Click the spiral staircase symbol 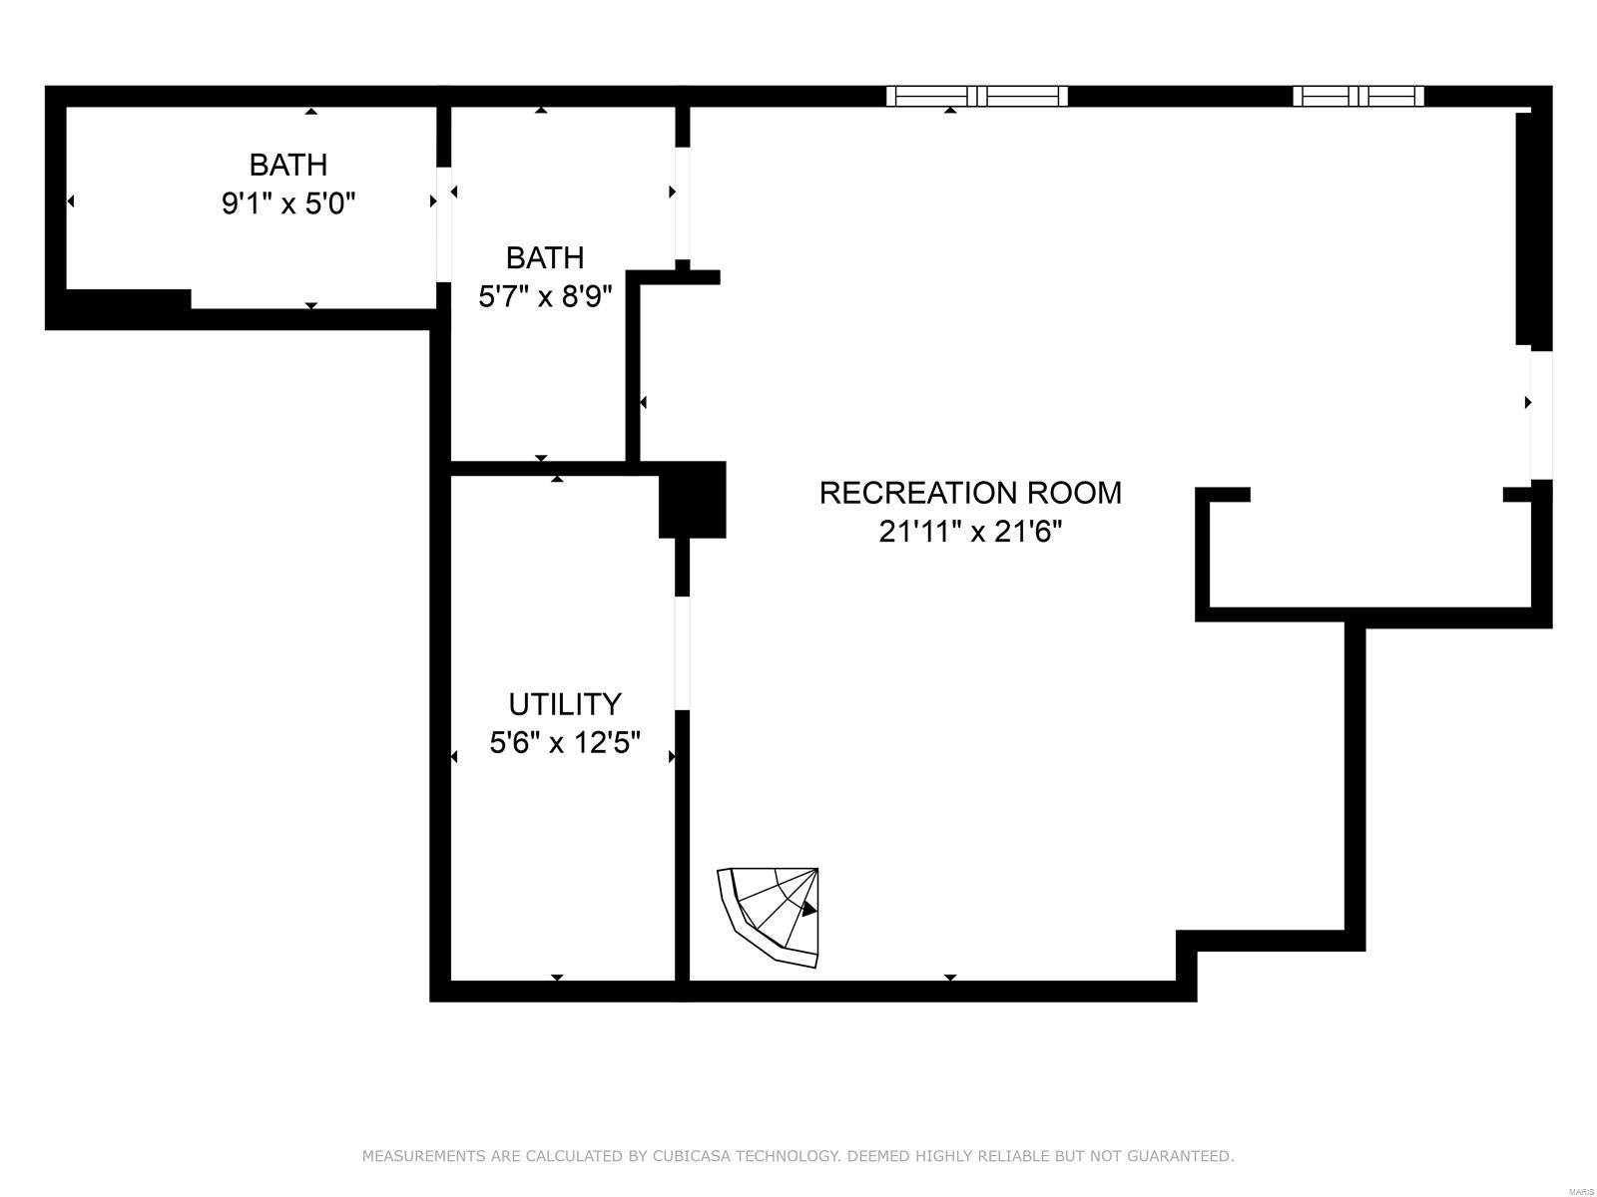[770, 916]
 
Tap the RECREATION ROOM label [970, 493]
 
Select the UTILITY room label [565, 704]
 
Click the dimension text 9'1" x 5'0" [288, 203]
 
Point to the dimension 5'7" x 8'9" [545, 296]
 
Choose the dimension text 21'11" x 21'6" [970, 532]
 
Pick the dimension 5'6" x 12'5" [565, 743]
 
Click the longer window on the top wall [976, 96]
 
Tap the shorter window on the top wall [1357, 96]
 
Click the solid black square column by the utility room [692, 500]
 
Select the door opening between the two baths [443, 224]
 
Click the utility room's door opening [682, 652]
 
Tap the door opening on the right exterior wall [1542, 415]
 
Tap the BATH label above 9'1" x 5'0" [288, 165]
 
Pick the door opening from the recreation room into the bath [682, 202]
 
